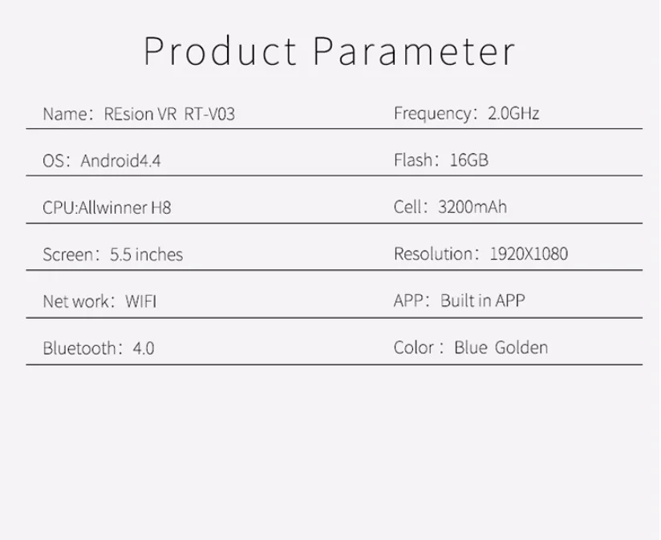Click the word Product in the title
coord(220,51)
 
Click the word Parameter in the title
coord(415,51)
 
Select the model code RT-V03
coord(209,114)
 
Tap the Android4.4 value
coord(120,161)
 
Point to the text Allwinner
coord(113,208)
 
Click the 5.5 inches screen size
coord(146,255)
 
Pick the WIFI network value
coord(141,301)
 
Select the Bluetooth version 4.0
coord(144,349)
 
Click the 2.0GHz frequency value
coord(513,113)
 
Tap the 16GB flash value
coord(468,160)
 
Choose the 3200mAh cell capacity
coord(472,207)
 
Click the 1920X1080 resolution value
coord(529,254)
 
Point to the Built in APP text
coord(483,300)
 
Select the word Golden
coord(521,348)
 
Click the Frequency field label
coord(433,114)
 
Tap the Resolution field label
coord(433,254)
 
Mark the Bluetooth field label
coord(79,349)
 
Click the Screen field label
coord(68,255)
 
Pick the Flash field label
coord(413,160)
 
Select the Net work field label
coord(76,301)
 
